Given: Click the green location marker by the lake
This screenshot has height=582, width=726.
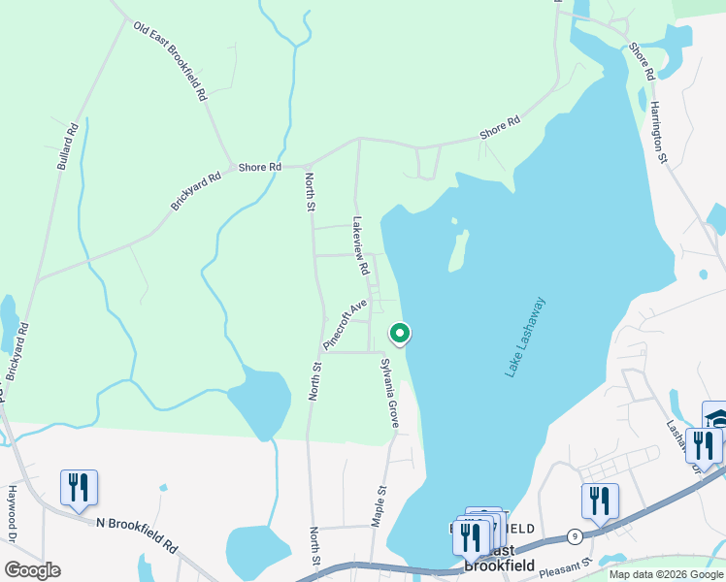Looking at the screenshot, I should click(399, 334).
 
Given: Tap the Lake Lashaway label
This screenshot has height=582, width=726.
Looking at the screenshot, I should click(525, 338).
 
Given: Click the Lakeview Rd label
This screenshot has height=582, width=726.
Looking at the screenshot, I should click(360, 244).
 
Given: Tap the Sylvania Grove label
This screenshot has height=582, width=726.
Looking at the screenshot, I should click(390, 394).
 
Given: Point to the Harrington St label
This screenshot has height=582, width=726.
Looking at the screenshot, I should click(660, 131).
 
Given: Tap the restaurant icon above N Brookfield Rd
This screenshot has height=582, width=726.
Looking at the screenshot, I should click(79, 488).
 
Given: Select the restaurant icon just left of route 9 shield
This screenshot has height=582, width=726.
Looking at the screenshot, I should click(600, 501).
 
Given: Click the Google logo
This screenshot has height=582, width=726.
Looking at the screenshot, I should click(32, 569).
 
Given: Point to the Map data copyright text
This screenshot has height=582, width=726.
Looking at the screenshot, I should click(666, 574).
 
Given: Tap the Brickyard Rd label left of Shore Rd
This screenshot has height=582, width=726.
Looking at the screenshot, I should click(196, 190).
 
